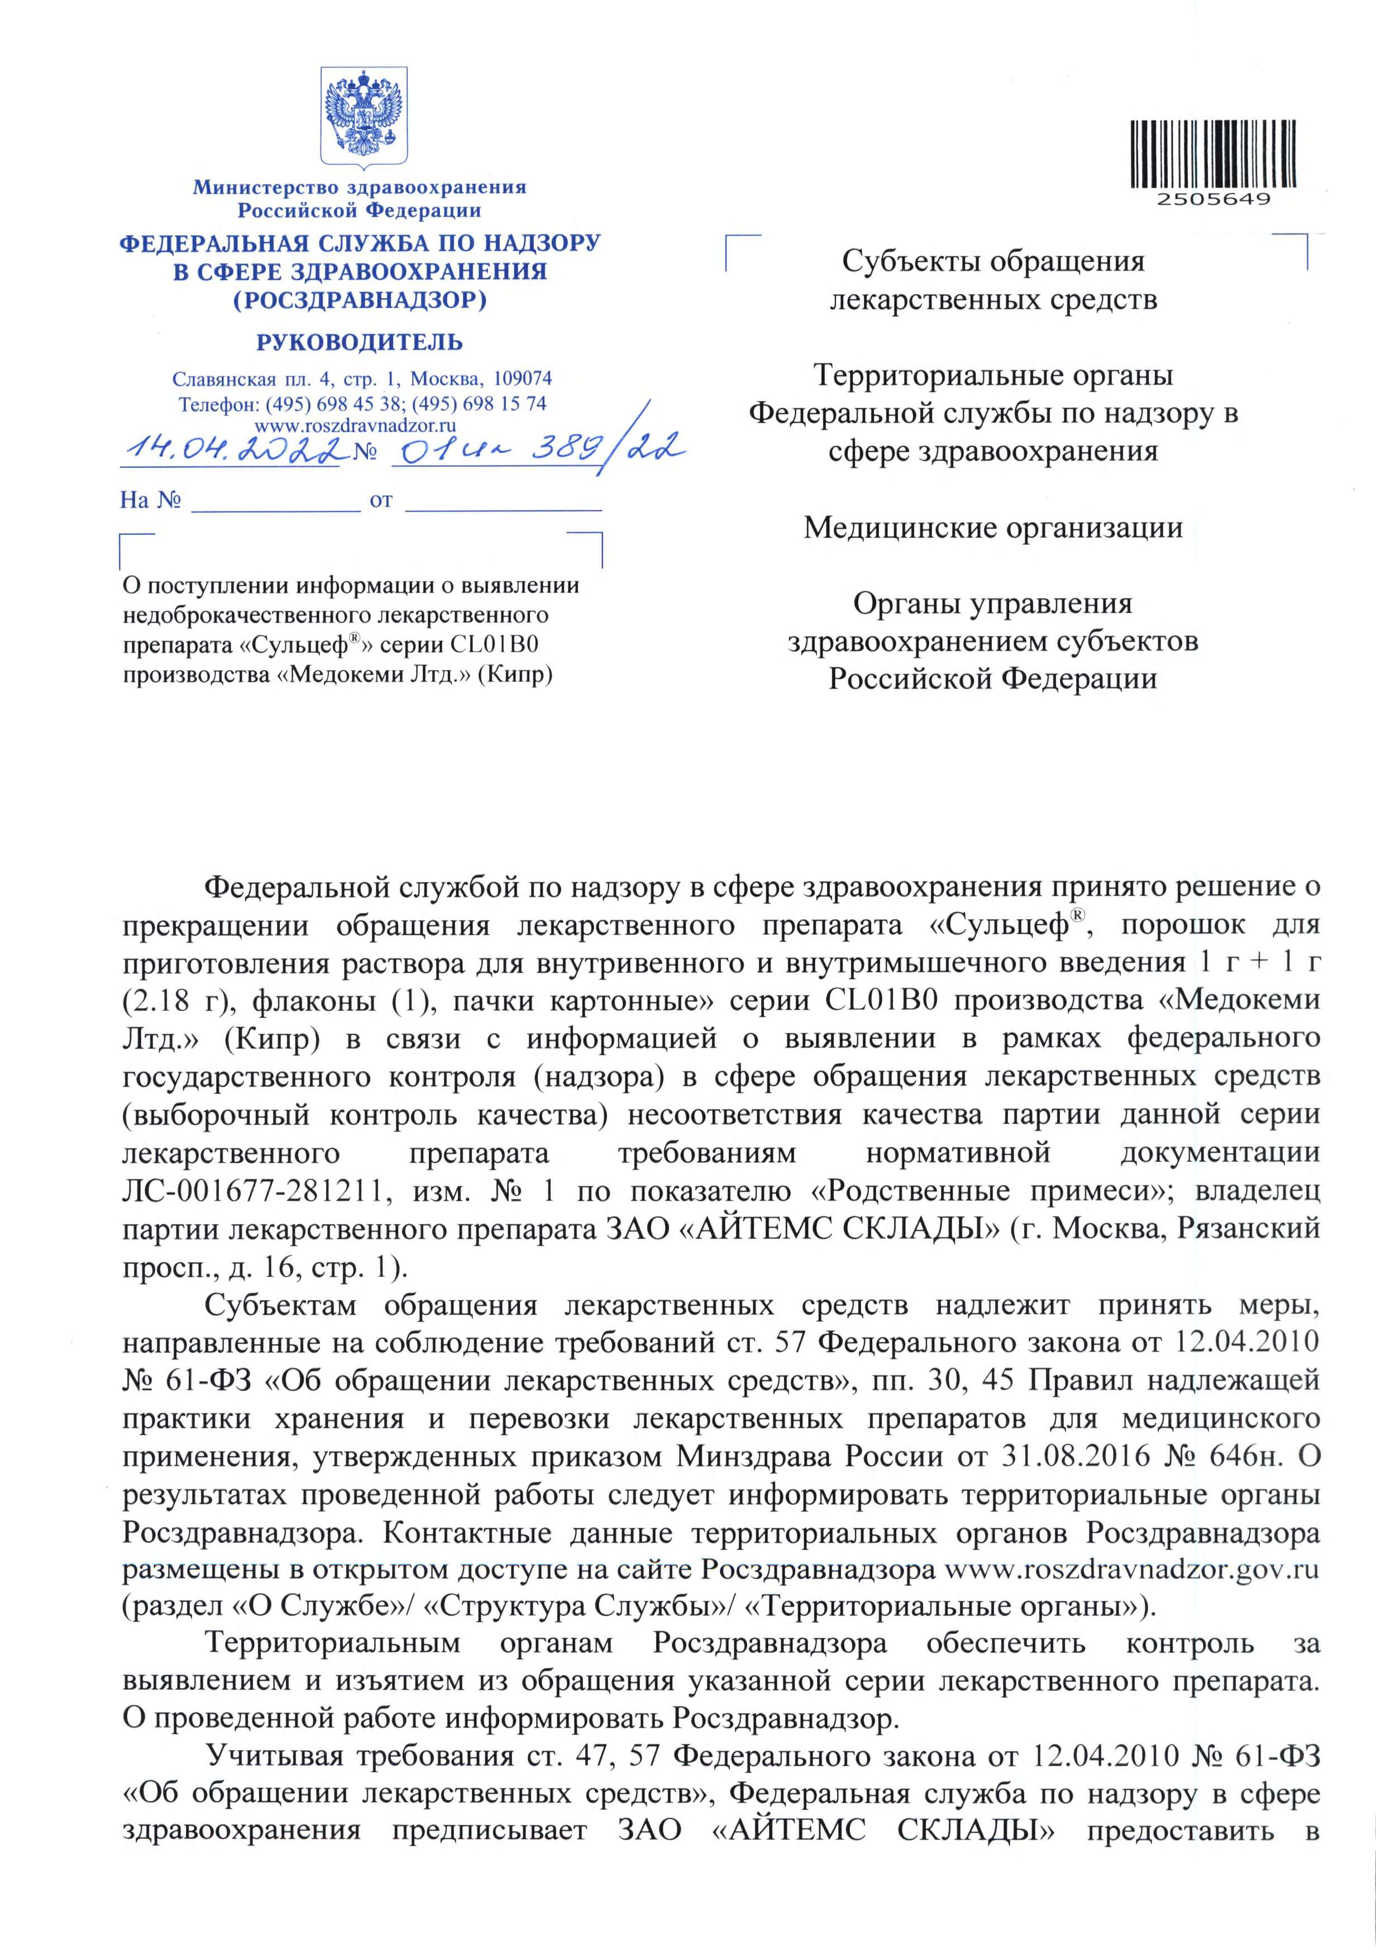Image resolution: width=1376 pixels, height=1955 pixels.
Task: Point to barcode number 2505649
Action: tap(1213, 199)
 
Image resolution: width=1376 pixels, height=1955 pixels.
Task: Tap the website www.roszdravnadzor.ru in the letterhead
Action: tap(356, 425)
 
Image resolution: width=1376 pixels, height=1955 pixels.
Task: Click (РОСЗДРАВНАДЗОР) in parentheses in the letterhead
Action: tap(360, 300)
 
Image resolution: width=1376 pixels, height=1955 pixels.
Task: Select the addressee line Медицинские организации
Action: tap(993, 528)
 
